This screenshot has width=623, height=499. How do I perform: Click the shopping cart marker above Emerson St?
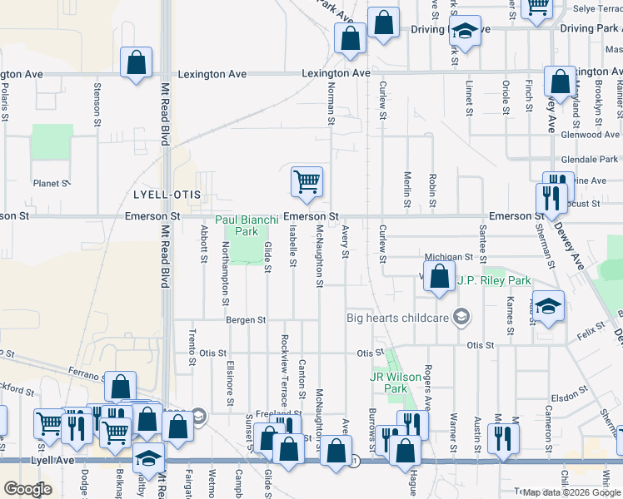click(307, 181)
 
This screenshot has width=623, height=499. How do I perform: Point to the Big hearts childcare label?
click(398, 317)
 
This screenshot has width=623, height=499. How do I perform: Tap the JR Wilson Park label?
click(388, 383)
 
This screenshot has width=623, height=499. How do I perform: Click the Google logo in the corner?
click(27, 489)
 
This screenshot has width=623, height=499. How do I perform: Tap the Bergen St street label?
click(245, 319)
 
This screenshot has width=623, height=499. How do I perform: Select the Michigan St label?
click(448, 258)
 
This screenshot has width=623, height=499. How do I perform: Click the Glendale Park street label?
click(590, 159)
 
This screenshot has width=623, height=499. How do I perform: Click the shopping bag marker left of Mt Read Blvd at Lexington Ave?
click(136, 62)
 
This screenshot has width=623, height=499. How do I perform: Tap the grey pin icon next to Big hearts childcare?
click(461, 317)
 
